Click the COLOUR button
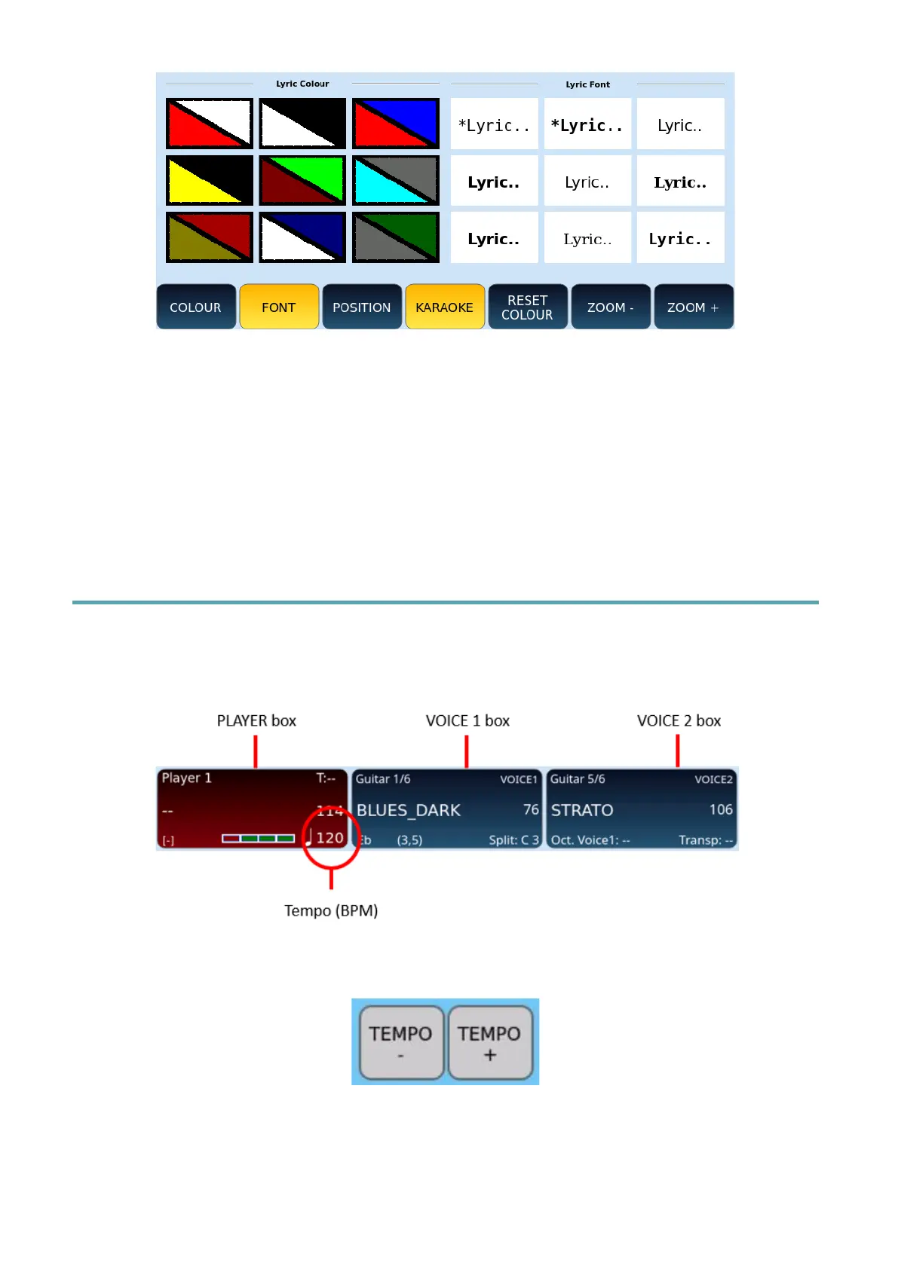(195, 307)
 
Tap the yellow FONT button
(278, 307)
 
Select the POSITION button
(361, 307)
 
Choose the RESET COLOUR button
(527, 307)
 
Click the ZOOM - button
(610, 307)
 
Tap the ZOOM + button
(693, 307)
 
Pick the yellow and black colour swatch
(210, 181)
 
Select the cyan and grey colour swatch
(395, 181)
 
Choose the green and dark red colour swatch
(302, 181)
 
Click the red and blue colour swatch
(395, 124)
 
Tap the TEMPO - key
(400, 1042)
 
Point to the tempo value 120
(329, 837)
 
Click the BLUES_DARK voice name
(409, 810)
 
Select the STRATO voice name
(582, 810)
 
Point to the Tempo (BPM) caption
(331, 910)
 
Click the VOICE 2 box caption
(679, 720)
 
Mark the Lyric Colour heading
(302, 84)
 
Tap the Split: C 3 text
(513, 839)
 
